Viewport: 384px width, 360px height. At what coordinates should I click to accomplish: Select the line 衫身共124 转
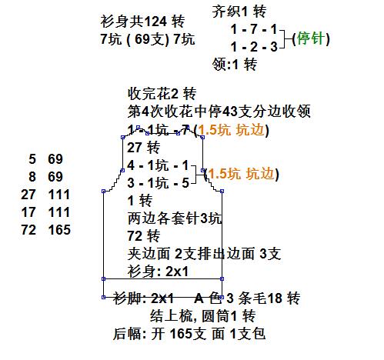[142, 22]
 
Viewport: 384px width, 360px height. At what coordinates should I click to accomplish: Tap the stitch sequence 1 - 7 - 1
[254, 29]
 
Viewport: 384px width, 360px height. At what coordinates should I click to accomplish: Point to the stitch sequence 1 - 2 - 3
[254, 47]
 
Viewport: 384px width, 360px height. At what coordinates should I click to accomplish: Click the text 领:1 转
[235, 64]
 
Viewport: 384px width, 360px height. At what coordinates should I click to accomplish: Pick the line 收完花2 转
[162, 94]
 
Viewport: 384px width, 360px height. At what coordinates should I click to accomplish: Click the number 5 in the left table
[32, 159]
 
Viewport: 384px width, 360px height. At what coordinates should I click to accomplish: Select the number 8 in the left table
[32, 177]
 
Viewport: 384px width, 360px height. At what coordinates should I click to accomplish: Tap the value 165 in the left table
[59, 230]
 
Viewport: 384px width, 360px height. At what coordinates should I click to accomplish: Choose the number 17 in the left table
[28, 212]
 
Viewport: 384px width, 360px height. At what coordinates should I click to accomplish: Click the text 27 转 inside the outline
[143, 148]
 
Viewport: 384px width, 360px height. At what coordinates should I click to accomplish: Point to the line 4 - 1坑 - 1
[158, 165]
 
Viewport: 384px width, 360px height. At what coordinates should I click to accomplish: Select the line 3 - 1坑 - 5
[158, 183]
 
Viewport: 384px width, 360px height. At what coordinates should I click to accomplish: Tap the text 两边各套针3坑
[174, 218]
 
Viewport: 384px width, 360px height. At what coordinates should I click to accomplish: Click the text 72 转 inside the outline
[143, 236]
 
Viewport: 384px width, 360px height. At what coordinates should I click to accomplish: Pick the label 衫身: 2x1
[158, 272]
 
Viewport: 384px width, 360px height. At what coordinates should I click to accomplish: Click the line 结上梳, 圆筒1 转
[202, 316]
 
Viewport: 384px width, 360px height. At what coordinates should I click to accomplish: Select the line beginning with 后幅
[189, 334]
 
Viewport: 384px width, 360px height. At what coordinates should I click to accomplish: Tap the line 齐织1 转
[239, 12]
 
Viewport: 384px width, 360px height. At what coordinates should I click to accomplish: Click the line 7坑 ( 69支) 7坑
[148, 39]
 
